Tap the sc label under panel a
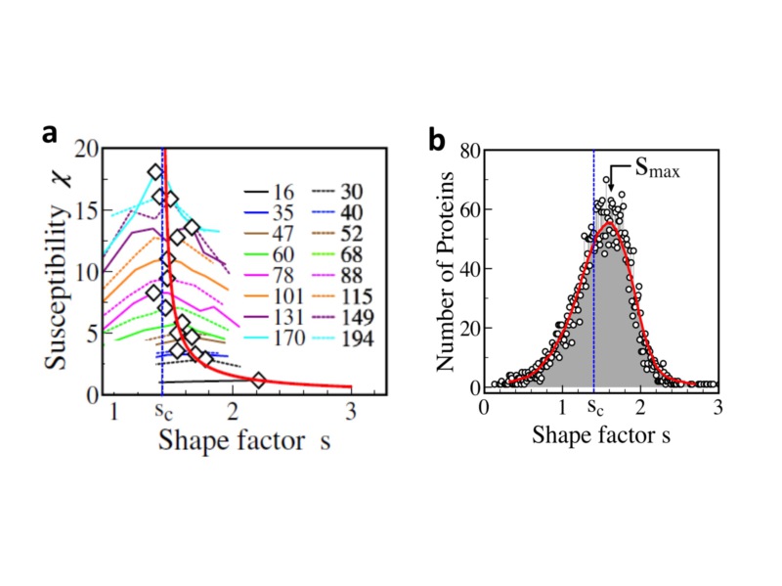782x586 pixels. point(164,414)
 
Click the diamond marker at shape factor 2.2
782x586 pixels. point(258,380)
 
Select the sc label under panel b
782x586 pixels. point(593,409)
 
